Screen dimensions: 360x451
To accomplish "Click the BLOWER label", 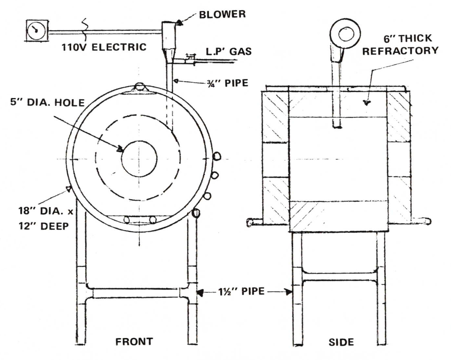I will click(222, 14).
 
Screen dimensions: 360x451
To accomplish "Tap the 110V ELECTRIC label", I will click(104, 47).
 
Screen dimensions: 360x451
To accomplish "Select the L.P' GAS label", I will click(229, 51).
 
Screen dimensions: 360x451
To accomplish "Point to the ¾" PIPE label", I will click(227, 83).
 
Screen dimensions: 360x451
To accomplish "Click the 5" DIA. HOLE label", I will click(48, 103).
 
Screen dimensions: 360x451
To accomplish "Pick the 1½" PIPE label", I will click(241, 291).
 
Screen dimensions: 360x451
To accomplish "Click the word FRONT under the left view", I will click(134, 341).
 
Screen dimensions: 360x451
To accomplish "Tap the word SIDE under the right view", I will click(341, 342).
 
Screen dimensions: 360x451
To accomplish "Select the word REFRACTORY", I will click(400, 51).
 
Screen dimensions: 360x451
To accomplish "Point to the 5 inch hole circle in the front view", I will click(139, 159).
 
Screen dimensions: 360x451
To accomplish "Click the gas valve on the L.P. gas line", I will click(189, 59).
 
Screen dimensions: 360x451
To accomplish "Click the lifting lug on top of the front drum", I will click(139, 87).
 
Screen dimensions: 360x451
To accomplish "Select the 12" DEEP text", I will click(44, 226).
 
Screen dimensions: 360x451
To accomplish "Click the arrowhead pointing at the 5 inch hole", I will click(120, 149).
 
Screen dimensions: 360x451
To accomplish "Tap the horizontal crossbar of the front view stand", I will click(137, 293).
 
